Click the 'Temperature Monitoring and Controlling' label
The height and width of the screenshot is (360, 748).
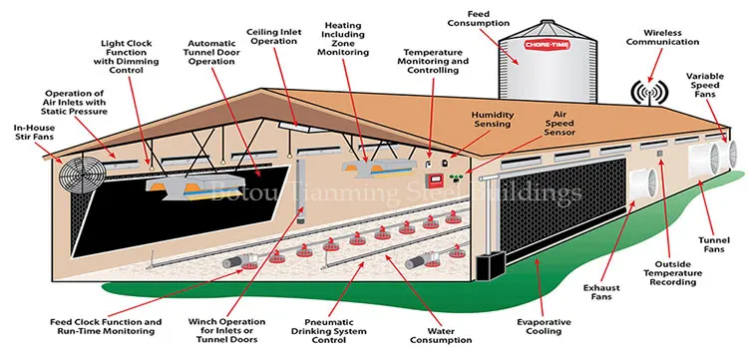point(435,61)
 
